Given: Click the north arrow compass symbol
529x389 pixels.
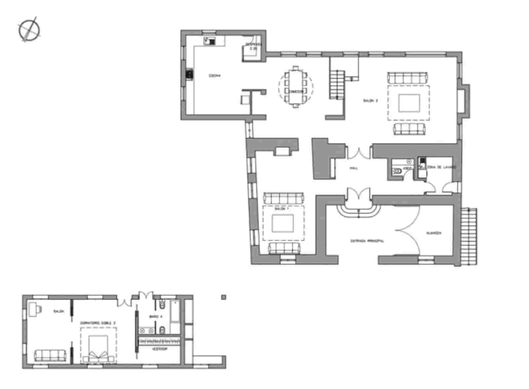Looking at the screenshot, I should tap(29, 30).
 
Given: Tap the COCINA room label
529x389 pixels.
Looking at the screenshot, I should tap(214, 76).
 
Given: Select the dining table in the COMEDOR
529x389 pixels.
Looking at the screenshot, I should tap(295, 87).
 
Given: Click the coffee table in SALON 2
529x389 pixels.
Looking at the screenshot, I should tap(409, 103).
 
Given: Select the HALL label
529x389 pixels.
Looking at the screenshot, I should tap(354, 168).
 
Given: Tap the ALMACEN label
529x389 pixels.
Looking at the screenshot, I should tap(433, 233).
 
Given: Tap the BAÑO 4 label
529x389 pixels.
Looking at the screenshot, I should tap(156, 317).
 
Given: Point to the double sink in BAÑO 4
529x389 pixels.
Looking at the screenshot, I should tap(146, 330).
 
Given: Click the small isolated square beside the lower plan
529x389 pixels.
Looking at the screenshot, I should tap(224, 297).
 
